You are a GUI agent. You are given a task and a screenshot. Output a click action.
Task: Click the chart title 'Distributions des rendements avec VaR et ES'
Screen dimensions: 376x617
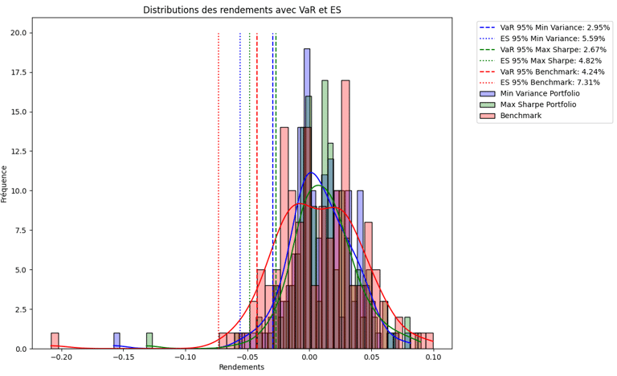coord(242,10)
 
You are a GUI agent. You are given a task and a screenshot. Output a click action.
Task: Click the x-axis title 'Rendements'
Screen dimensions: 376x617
coord(242,367)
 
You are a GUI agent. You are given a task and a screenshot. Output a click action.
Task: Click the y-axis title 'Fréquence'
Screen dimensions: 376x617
coord(6,183)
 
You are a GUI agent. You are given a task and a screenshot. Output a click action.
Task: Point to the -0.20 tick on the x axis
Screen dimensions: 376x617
coord(61,356)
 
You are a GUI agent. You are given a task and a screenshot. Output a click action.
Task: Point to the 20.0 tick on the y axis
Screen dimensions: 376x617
coord(18,33)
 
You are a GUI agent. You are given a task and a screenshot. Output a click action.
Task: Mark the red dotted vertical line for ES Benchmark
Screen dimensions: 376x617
coord(219,161)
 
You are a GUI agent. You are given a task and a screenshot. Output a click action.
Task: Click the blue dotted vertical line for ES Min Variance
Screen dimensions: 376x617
coord(240,161)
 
